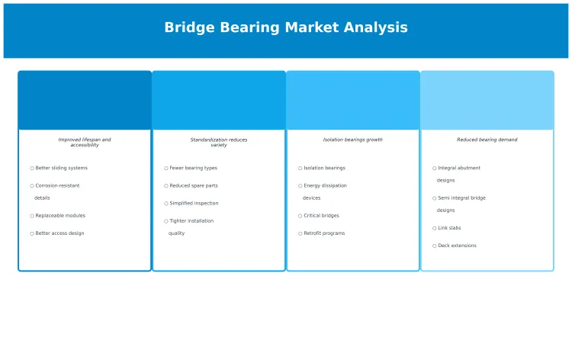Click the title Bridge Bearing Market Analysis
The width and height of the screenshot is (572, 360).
[286, 27]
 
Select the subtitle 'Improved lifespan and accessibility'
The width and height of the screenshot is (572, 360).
[85, 142]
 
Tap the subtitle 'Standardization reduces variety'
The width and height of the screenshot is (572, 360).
[219, 142]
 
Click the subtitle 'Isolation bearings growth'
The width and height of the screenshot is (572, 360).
[353, 140]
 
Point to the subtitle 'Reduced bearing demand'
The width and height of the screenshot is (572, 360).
[487, 140]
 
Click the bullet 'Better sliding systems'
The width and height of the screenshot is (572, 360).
[61, 168]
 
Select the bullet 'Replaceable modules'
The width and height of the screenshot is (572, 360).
[60, 216]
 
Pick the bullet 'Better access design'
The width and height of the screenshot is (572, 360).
[59, 233]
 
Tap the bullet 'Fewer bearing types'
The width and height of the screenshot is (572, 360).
[193, 168]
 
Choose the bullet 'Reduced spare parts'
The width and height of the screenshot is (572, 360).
[194, 185]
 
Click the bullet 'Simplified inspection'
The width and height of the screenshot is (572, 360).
[194, 204]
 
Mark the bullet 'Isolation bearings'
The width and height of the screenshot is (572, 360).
[324, 168]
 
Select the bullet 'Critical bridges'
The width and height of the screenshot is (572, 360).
[321, 216]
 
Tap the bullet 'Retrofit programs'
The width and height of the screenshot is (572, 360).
[324, 233]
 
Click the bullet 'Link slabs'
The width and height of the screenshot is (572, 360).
[449, 228]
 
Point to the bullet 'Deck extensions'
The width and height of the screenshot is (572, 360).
[457, 246]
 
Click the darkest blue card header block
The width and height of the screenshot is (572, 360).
[85, 101]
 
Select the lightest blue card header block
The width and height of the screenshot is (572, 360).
[487, 101]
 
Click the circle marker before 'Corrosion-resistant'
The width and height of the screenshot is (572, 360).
[32, 185]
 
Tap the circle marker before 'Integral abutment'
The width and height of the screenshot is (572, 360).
[435, 168]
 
